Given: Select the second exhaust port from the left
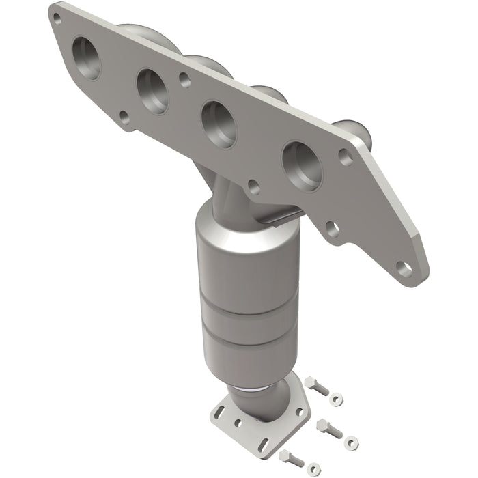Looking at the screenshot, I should point(152,89).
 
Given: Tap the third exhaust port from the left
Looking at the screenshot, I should point(219,124).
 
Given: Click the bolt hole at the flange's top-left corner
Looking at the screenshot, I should point(57,20).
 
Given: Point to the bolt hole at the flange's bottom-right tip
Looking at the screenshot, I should point(404,268).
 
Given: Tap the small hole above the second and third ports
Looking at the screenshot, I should point(184,79).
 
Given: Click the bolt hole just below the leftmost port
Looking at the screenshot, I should point(124,118).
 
